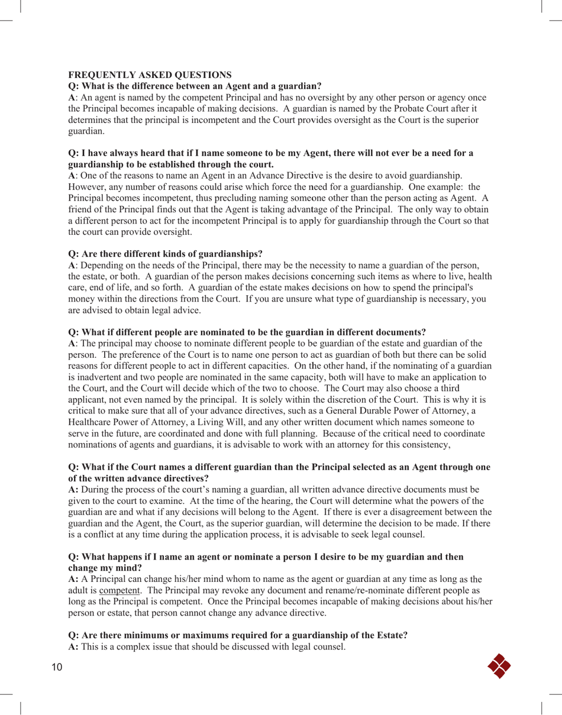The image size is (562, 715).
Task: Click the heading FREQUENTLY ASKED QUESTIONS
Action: click(150, 75)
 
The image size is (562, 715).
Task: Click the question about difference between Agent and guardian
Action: click(195, 86)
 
